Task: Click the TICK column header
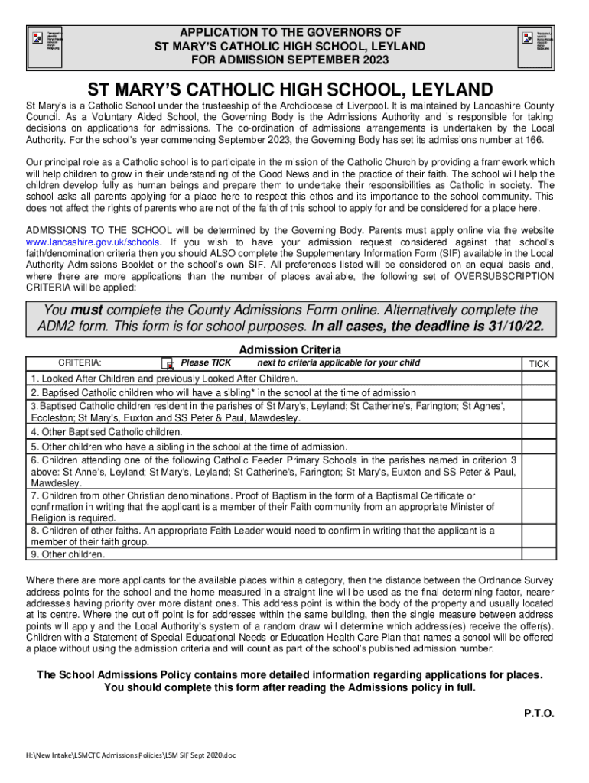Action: point(539,364)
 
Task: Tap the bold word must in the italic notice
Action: point(86,310)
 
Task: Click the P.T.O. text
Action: point(539,713)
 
